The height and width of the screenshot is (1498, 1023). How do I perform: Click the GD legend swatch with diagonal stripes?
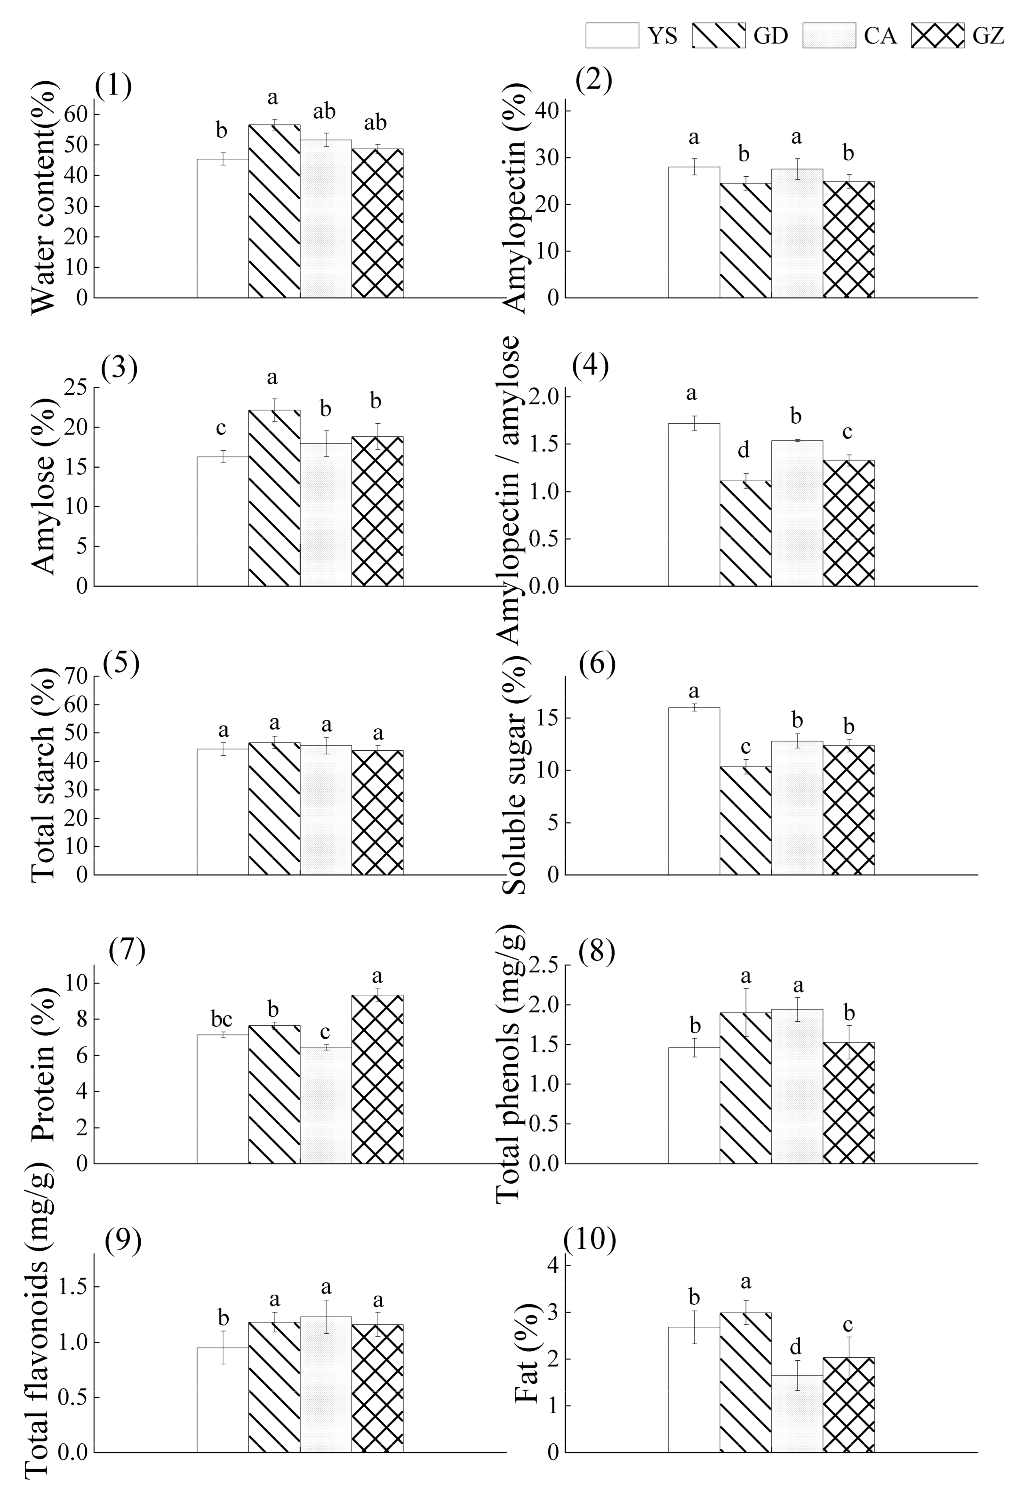click(719, 36)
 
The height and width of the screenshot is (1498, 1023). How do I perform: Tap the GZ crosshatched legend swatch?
click(937, 36)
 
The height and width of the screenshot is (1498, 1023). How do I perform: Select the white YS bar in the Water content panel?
click(222, 228)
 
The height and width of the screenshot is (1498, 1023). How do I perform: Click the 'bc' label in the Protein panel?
click(222, 1019)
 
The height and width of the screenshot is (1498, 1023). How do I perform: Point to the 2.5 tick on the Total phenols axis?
click(543, 965)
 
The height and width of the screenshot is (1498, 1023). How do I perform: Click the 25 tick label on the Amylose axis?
click(78, 387)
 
